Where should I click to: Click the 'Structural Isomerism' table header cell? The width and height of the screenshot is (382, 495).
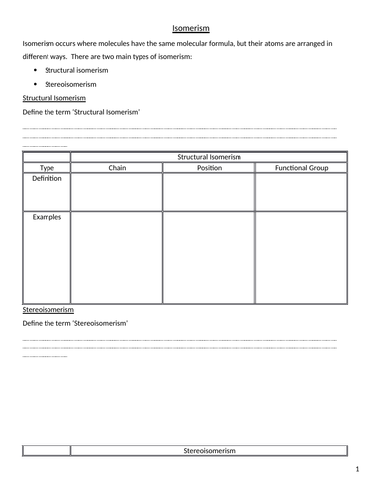(209, 156)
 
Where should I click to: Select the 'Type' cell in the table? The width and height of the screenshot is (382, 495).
(46, 168)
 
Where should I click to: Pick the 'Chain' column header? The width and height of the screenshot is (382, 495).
(117, 168)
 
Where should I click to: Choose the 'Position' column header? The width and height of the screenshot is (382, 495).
(209, 168)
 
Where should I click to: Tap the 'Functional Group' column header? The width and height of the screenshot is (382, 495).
(301, 168)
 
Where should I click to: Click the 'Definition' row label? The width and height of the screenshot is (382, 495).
(46, 179)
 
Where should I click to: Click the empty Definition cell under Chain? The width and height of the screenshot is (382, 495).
(117, 192)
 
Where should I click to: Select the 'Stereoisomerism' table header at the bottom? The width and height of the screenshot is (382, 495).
(209, 451)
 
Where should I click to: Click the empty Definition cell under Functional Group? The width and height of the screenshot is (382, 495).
(301, 192)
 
